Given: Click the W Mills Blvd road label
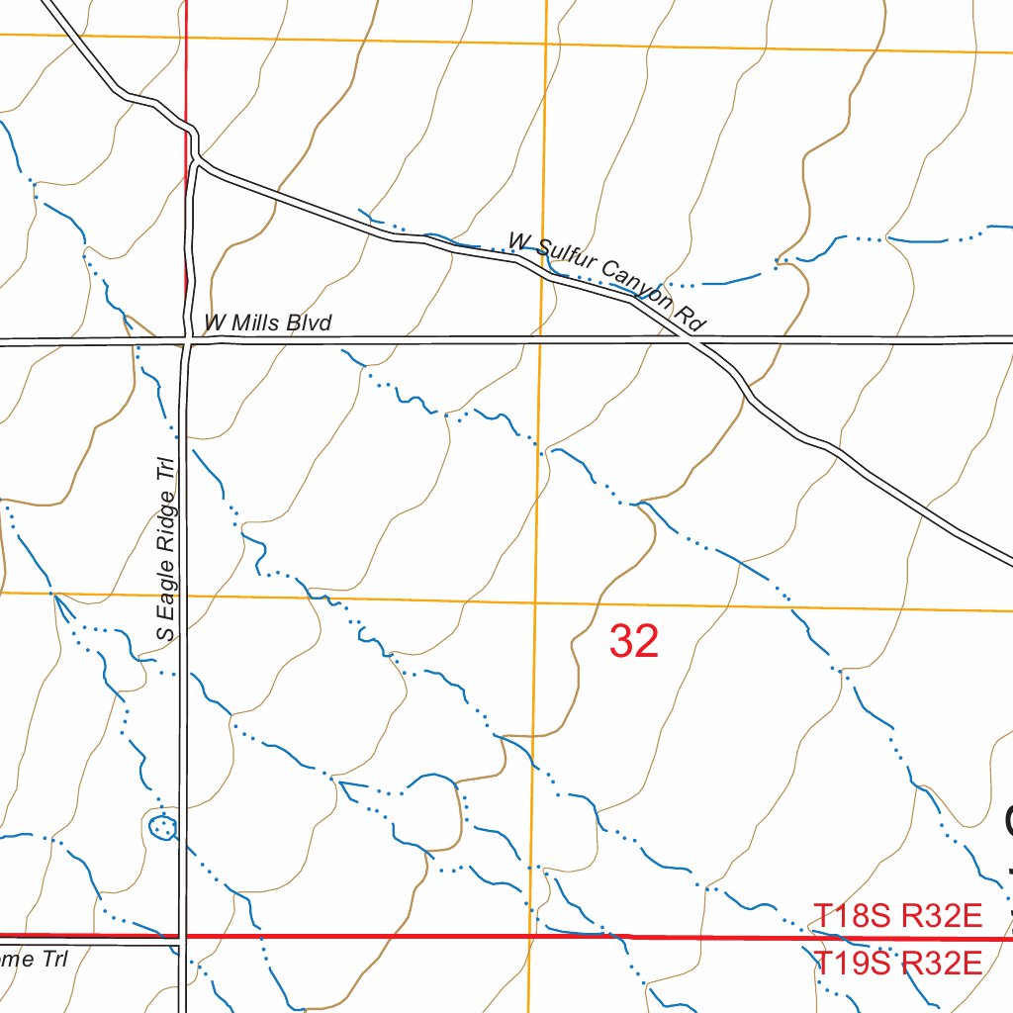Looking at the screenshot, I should point(267,322).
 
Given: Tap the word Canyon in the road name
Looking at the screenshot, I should point(637,286).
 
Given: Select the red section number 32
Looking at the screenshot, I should point(634,642).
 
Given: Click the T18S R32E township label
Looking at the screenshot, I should point(897,916).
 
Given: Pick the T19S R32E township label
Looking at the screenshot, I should point(897,962).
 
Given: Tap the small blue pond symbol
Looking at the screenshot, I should point(161,824).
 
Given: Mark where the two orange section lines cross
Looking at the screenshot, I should point(535,601).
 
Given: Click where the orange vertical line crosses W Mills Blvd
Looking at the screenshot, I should point(540,340).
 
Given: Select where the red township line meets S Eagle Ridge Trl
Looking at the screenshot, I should point(182,935).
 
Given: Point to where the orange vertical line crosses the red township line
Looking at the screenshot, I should point(530,936).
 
